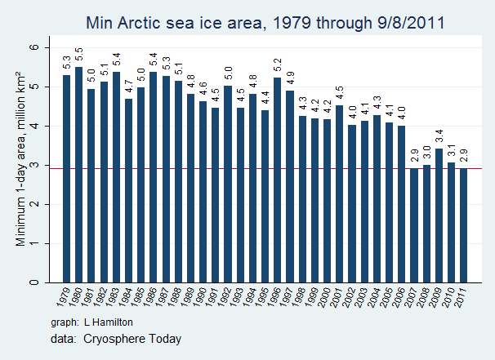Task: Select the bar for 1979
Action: pos(66,180)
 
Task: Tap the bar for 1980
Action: pos(78,176)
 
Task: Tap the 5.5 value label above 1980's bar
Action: pos(78,56)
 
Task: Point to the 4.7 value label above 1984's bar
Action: pos(128,87)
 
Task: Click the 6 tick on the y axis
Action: pos(35,48)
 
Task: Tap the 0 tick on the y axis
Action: pos(35,282)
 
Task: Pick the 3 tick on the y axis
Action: pos(35,166)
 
